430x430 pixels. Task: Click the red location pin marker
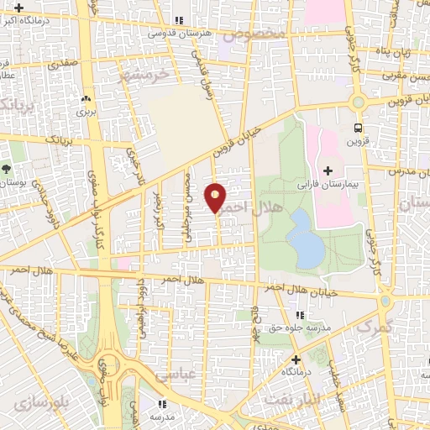coord(216,197)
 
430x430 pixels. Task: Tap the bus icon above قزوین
coord(359,128)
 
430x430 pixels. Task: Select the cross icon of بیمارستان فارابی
coord(328,170)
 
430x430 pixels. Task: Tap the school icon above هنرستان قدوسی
coord(177,20)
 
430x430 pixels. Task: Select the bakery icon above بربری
coord(86,98)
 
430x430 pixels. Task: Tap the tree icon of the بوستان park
coord(7,169)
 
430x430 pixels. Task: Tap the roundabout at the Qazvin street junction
coord(359,102)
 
